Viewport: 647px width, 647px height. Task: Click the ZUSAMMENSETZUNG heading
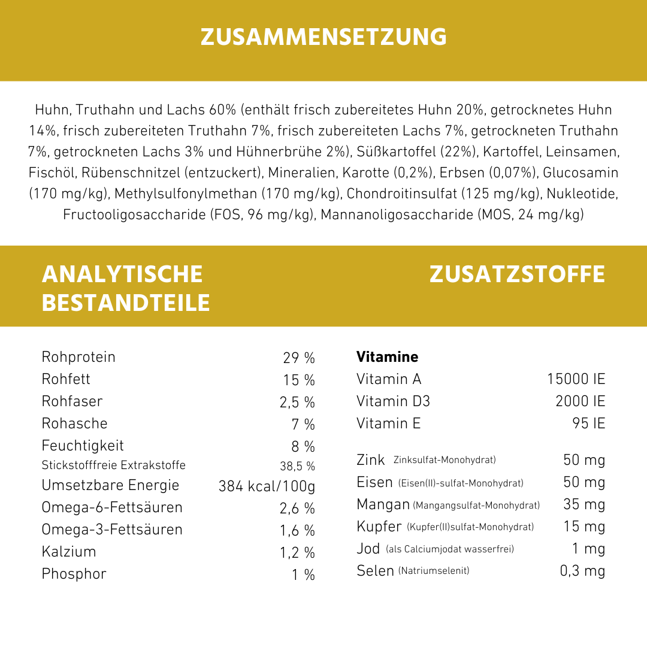click(x=323, y=37)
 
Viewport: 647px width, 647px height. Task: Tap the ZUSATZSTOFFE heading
click(x=517, y=274)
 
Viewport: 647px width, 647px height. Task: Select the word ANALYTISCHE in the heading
click(x=122, y=274)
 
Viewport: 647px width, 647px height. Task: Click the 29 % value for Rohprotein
click(x=299, y=358)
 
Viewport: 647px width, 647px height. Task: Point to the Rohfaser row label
click(x=72, y=401)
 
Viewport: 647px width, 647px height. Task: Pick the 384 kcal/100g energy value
click(x=267, y=486)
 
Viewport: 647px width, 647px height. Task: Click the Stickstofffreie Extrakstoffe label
click(x=113, y=465)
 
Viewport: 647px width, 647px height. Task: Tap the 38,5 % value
click(x=297, y=466)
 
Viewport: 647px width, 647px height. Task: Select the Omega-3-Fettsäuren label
click(x=111, y=530)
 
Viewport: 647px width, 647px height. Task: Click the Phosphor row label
click(x=74, y=574)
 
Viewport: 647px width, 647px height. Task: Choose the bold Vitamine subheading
click(x=387, y=357)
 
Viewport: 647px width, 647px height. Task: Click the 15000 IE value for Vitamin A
click(x=576, y=379)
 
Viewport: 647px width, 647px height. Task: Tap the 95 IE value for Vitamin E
click(x=588, y=424)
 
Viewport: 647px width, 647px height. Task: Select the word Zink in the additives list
click(x=370, y=460)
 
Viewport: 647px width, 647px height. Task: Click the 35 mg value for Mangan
click(x=584, y=504)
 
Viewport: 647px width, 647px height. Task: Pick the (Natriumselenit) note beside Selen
click(x=433, y=571)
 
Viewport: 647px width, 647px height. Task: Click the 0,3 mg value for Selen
click(x=582, y=571)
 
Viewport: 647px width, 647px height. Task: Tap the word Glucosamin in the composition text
click(x=581, y=173)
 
